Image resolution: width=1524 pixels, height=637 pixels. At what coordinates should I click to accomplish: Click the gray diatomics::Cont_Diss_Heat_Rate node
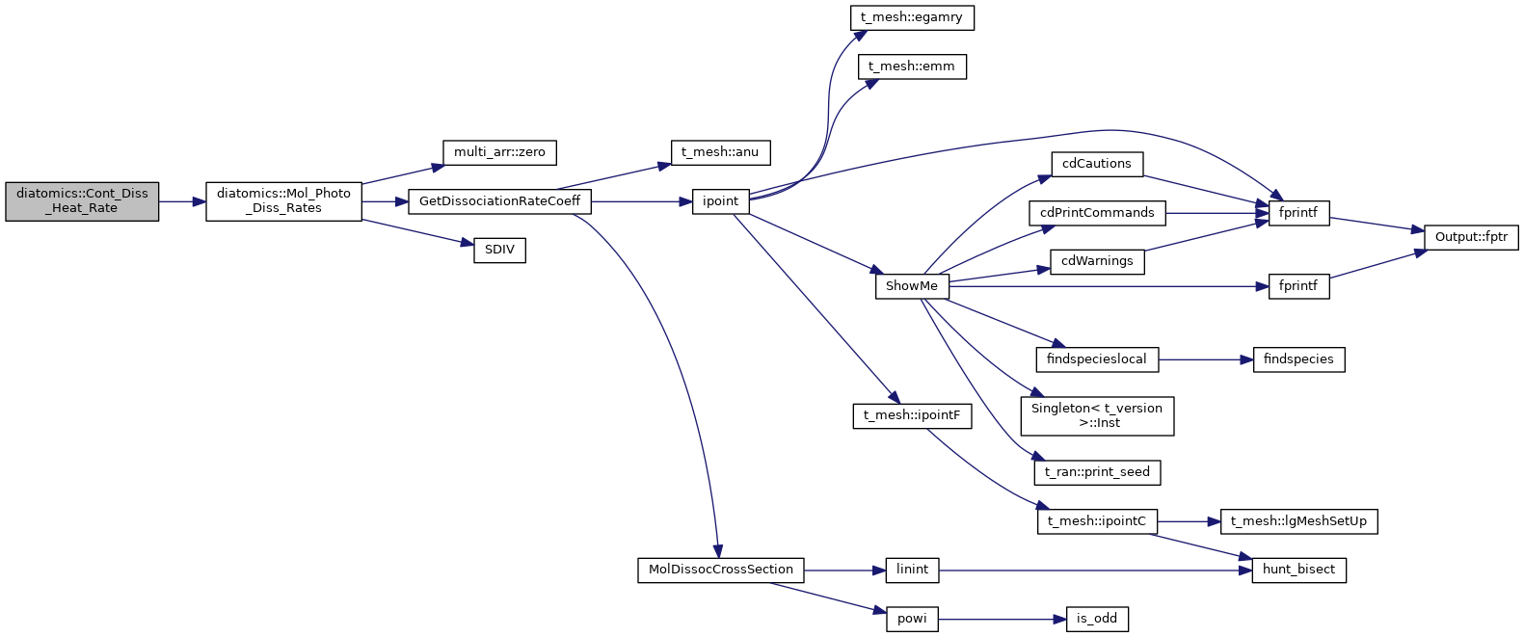[82, 201]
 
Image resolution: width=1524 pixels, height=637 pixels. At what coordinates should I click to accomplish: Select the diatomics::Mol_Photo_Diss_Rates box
[283, 201]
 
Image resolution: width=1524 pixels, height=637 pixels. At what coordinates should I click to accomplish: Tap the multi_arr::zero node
[499, 152]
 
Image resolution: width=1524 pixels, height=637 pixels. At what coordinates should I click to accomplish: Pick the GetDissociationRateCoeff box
[499, 201]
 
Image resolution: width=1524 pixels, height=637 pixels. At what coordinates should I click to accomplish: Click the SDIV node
[499, 250]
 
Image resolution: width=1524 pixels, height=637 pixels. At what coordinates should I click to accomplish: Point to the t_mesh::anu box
[720, 152]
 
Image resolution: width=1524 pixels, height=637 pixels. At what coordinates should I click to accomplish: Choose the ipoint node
[720, 201]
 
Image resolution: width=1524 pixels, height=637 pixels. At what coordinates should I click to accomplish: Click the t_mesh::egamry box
[912, 17]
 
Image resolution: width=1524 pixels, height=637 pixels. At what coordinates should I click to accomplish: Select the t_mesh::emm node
[912, 66]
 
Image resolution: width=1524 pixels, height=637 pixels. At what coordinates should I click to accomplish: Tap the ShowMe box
[912, 286]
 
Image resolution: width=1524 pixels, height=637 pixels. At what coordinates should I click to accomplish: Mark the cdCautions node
[1097, 164]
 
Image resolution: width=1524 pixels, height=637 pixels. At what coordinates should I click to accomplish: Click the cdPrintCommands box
[1097, 213]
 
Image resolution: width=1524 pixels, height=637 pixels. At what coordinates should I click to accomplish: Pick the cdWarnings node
[1097, 261]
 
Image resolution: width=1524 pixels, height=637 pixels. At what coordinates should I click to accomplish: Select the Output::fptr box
[1471, 237]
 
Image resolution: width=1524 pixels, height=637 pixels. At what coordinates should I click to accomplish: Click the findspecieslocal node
[1097, 359]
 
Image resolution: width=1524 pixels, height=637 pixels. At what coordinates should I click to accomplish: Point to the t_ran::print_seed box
[1097, 472]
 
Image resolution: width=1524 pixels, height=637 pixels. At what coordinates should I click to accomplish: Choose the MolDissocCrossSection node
[720, 570]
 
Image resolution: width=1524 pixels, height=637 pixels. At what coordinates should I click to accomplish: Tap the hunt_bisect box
[1298, 570]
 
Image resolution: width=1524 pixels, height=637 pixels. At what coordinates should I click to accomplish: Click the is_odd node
[1097, 619]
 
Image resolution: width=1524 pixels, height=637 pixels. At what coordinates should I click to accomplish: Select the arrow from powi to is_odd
[1002, 619]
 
